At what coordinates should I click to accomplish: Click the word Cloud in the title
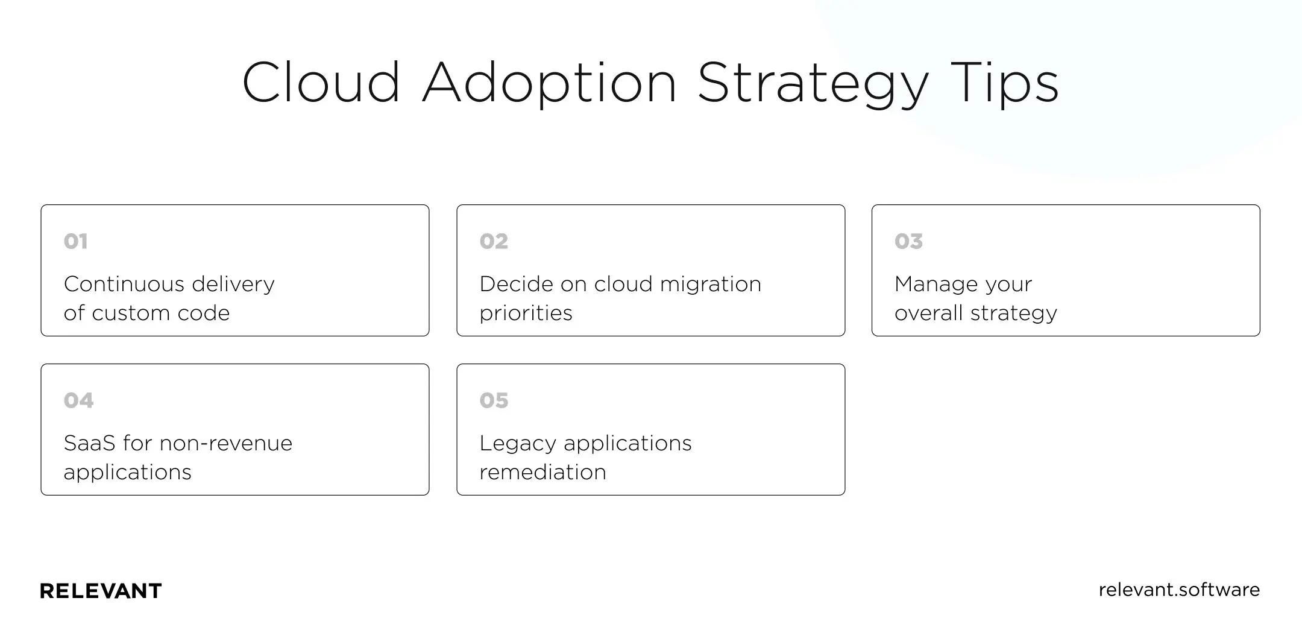(x=321, y=83)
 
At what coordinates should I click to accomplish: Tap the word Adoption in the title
(x=549, y=83)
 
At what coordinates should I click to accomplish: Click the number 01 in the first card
(x=76, y=241)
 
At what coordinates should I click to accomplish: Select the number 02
(x=494, y=241)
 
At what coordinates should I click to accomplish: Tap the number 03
(x=908, y=241)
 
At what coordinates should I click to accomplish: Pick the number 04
(x=78, y=400)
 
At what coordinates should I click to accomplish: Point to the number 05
(x=494, y=400)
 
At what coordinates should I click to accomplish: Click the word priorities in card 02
(x=526, y=313)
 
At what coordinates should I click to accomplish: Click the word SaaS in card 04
(x=89, y=443)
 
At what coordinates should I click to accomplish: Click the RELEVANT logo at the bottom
(x=101, y=591)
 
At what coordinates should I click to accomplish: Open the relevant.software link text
(x=1178, y=590)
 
